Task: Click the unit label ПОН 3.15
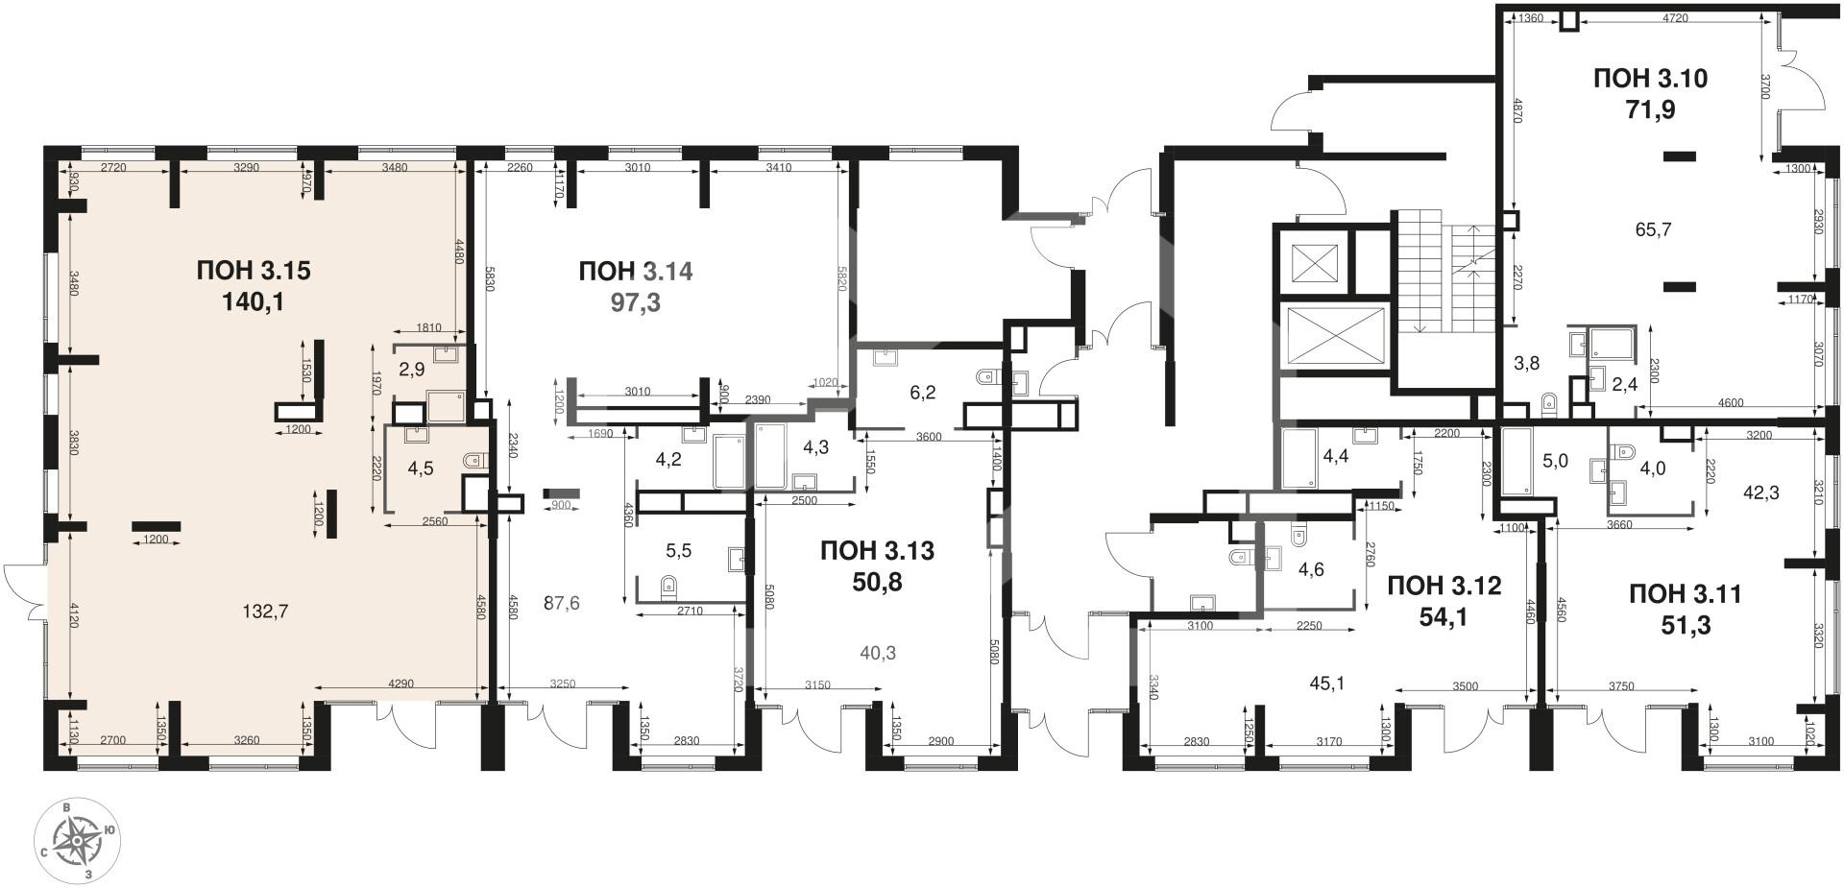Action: coord(254,271)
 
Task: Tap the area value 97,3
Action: coord(635,303)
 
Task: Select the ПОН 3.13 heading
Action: coord(877,551)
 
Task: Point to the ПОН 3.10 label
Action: coord(1650,79)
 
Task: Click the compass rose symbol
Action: coord(75,842)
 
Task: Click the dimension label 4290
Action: coord(400,684)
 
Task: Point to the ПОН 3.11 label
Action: coord(1686,594)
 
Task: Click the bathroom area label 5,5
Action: coord(678,551)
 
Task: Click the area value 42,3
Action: coord(1761,492)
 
